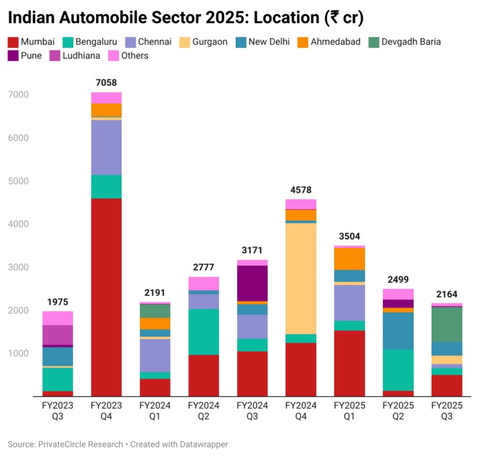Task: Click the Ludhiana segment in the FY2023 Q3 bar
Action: pos(57,335)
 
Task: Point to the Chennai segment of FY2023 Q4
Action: pos(106,148)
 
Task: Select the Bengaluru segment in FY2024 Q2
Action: pos(203,332)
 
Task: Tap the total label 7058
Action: pos(106,82)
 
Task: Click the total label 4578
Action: pos(301,189)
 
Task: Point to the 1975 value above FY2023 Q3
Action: pos(57,302)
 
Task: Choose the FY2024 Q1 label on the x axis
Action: pos(155,410)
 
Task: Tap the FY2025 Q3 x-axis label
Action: pos(447,410)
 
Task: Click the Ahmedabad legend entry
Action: pos(334,42)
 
